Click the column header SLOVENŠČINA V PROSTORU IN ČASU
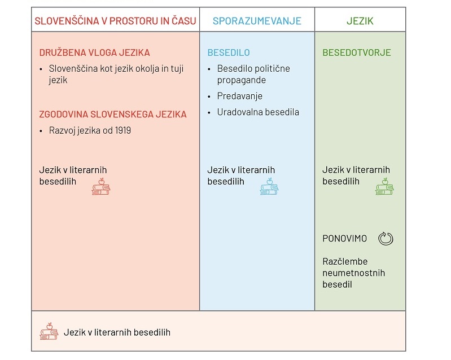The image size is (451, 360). [x=115, y=21]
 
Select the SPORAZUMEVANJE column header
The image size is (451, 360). [x=257, y=21]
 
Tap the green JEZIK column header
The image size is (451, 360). [x=360, y=21]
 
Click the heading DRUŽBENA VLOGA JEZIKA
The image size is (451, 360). [x=95, y=52]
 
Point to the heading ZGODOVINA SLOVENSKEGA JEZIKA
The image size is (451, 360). [x=113, y=114]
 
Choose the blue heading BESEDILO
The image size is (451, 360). [x=229, y=52]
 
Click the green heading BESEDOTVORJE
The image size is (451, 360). [x=357, y=52]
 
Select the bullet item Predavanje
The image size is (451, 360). [x=239, y=96]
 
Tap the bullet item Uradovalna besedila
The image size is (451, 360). [x=258, y=112]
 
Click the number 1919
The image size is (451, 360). [x=123, y=130]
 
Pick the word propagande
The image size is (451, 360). [x=242, y=80]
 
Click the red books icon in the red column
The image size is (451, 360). [x=101, y=187]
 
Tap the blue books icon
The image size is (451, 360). [x=269, y=187]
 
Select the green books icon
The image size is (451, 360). [x=384, y=187]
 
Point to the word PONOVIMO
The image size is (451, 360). [x=344, y=238]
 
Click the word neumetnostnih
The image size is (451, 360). [x=353, y=273]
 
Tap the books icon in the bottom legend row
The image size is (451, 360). [x=49, y=331]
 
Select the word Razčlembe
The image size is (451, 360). [x=345, y=261]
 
